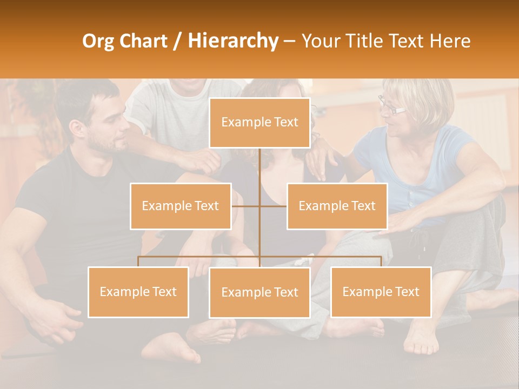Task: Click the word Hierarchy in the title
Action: pyautogui.click(x=233, y=41)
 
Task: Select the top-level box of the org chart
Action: pyautogui.click(x=259, y=123)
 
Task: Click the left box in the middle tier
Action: pyautogui.click(x=181, y=206)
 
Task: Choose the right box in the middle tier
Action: pyautogui.click(x=337, y=206)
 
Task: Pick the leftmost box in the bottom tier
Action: pyautogui.click(x=138, y=292)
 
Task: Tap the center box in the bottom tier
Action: pyautogui.click(x=259, y=292)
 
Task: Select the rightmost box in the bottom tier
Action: pyautogui.click(x=381, y=292)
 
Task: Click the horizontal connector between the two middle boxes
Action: pyautogui.click(x=259, y=206)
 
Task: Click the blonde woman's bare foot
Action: pyautogui.click(x=422, y=338)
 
